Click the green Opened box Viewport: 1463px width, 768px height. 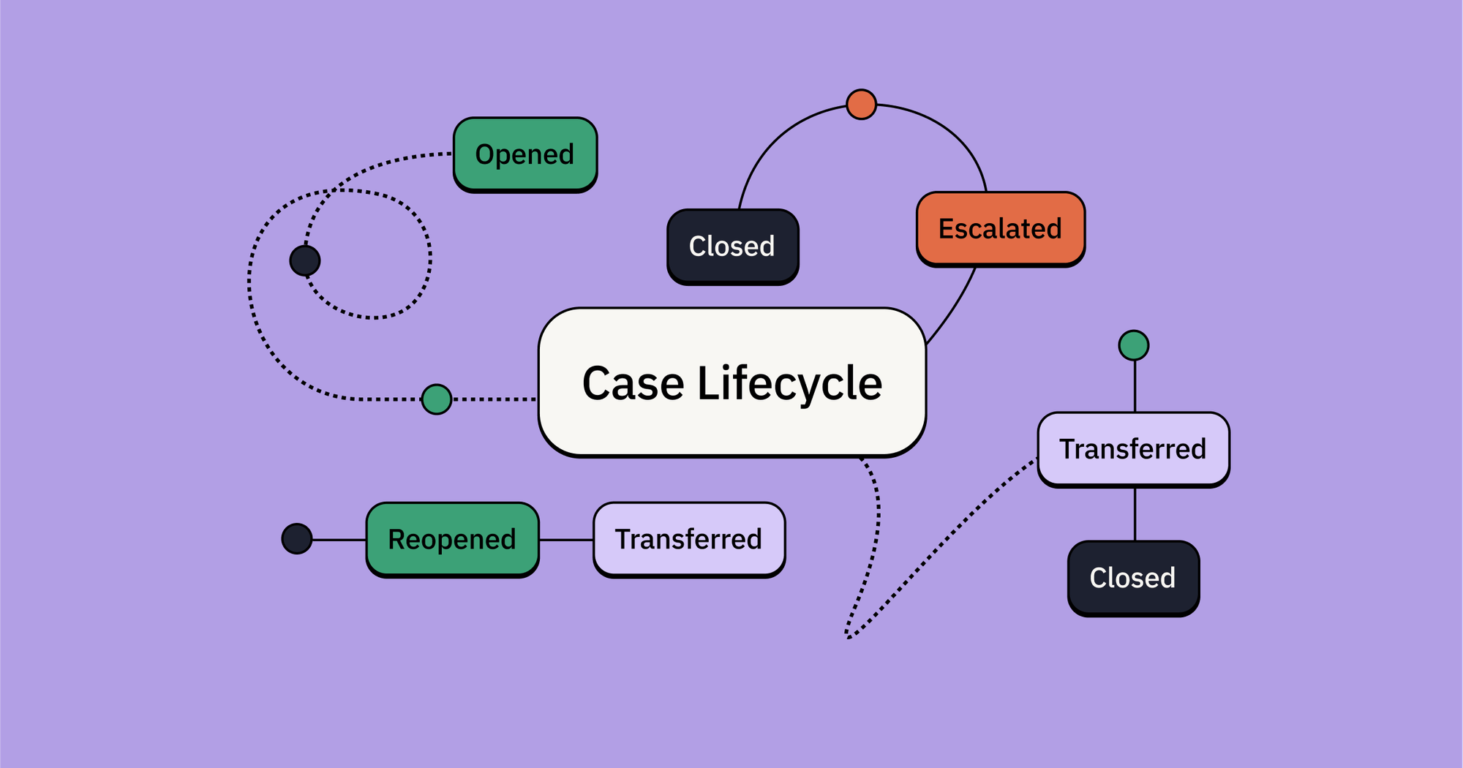[525, 154]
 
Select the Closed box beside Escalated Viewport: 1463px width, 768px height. [732, 246]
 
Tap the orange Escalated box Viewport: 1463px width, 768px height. [1000, 229]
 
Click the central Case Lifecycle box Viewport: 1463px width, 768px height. [732, 383]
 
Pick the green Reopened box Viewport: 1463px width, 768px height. [452, 539]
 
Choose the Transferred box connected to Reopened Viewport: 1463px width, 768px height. [688, 539]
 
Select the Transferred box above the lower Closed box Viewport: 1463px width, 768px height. [1133, 449]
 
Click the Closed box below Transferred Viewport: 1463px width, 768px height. [1133, 578]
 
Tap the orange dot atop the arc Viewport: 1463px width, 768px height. [861, 105]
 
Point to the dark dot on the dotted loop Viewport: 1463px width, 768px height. [305, 260]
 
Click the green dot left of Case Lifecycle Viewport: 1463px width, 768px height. [437, 399]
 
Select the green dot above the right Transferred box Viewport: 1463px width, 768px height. [1134, 345]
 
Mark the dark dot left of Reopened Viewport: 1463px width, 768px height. [297, 539]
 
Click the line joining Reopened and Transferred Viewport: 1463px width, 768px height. [566, 540]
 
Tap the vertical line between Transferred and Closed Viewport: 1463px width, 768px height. [1135, 514]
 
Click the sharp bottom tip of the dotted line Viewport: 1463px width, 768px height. [849, 637]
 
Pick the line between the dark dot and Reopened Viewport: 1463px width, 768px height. [339, 540]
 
